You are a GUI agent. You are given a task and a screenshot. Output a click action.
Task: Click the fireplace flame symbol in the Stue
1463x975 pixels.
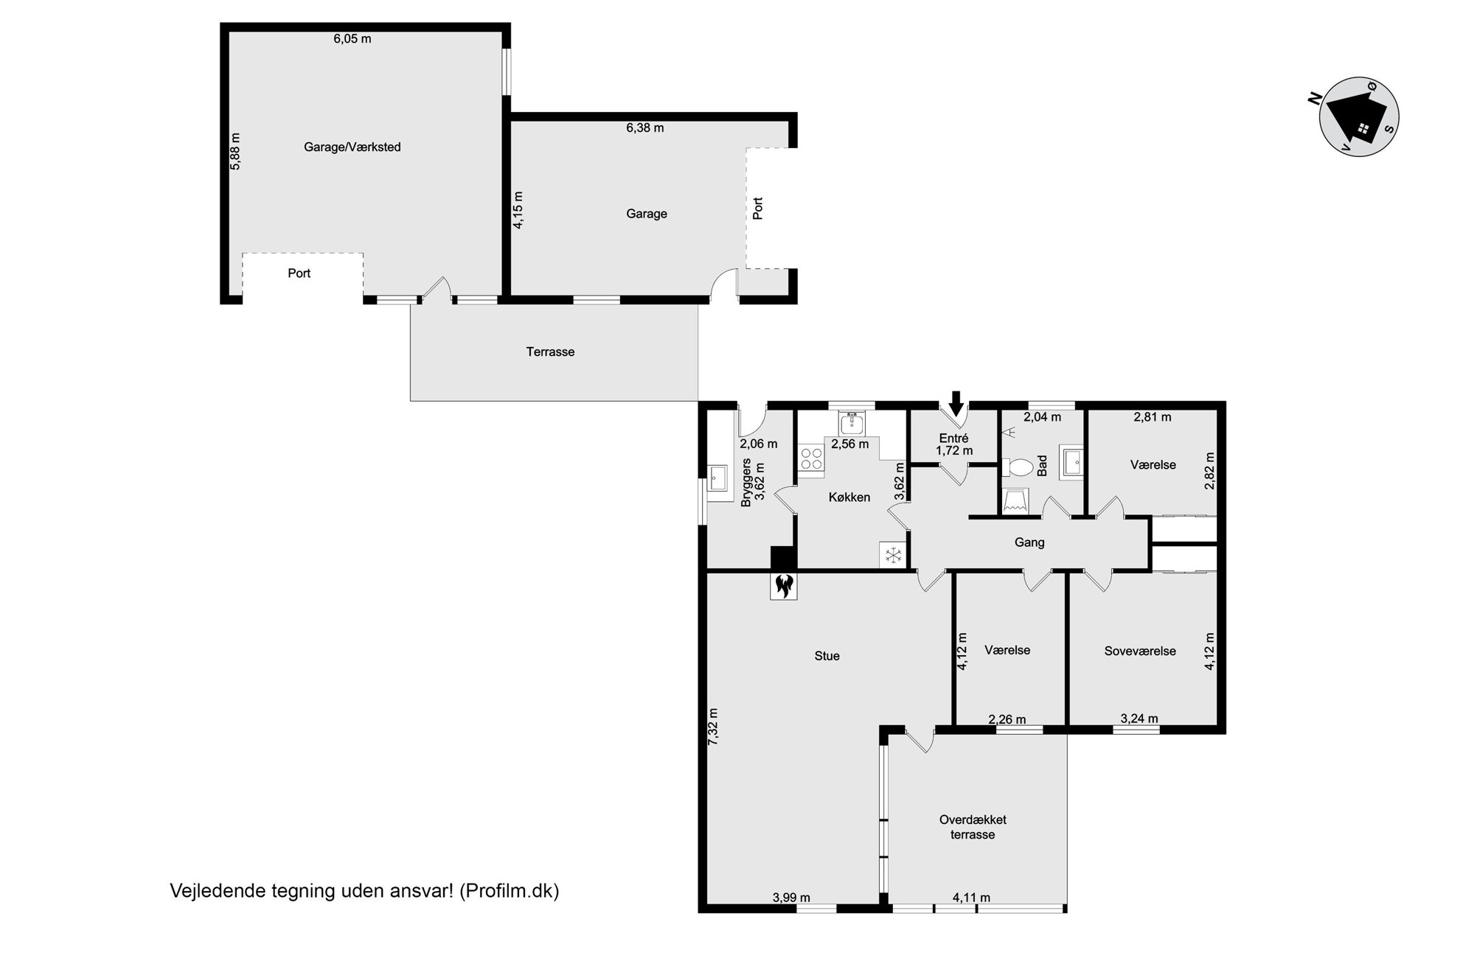coord(783,587)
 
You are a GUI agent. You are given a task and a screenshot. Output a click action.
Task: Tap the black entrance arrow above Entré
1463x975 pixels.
coord(956,403)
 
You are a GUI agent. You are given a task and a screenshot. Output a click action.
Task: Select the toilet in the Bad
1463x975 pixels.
coord(1018,467)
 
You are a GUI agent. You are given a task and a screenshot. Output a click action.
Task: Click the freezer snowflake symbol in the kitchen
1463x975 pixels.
coord(894,554)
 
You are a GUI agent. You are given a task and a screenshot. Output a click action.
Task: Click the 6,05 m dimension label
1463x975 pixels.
coord(352,39)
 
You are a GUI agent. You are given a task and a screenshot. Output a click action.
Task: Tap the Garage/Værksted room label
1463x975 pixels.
coord(352,147)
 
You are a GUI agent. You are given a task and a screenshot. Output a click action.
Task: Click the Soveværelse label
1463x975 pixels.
coord(1140,651)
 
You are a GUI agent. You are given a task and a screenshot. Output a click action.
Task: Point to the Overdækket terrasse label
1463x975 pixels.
coord(973,827)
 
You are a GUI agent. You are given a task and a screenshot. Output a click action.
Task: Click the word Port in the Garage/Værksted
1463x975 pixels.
coord(299,273)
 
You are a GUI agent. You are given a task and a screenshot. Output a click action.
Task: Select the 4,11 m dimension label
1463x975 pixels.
coord(971,898)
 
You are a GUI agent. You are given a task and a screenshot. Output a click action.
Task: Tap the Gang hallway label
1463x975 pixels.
coord(1029,542)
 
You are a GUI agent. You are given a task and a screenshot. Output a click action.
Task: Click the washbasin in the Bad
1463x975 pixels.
coord(1072,462)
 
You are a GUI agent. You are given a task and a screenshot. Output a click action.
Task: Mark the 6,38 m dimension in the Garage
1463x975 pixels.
coord(645,128)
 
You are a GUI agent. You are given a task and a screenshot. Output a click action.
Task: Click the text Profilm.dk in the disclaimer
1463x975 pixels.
coord(510,891)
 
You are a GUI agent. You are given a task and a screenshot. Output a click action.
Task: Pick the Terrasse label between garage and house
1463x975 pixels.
coord(550,352)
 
